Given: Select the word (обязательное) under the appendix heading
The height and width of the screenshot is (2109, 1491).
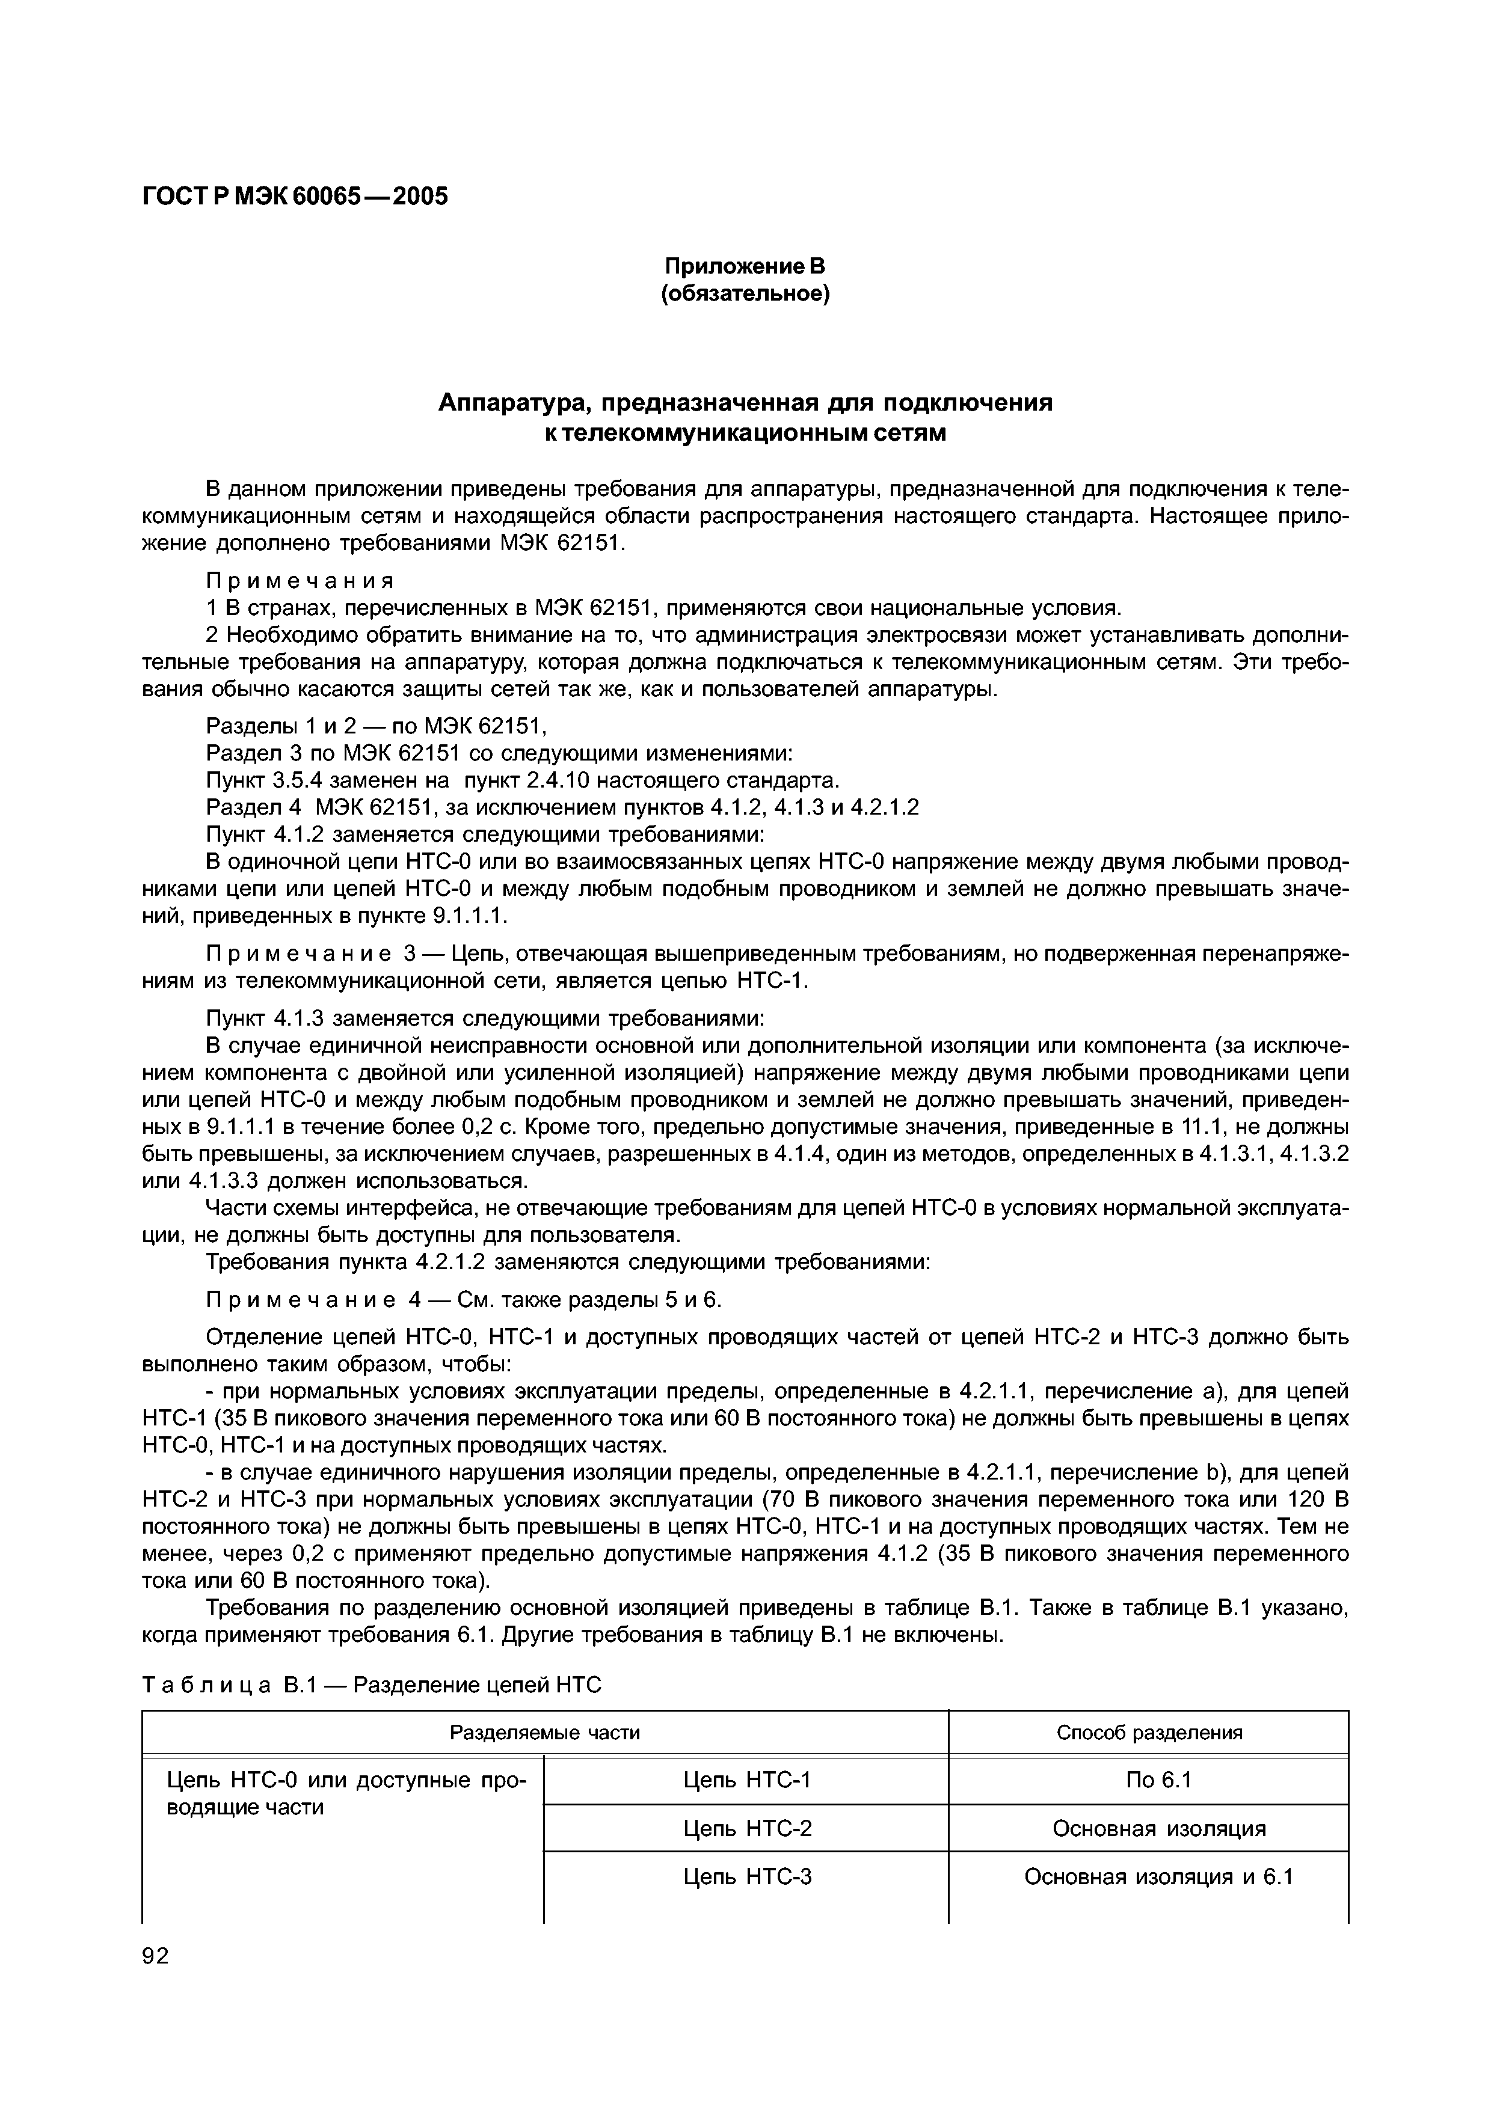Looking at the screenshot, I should pyautogui.click(x=745, y=294).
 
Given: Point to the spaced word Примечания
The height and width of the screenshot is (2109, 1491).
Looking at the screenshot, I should pyautogui.click(x=300, y=581).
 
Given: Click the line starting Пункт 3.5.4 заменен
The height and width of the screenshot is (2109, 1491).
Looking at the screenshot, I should pyautogui.click(x=522, y=781).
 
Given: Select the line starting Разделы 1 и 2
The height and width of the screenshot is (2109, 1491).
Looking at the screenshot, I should pyautogui.click(x=376, y=727).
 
